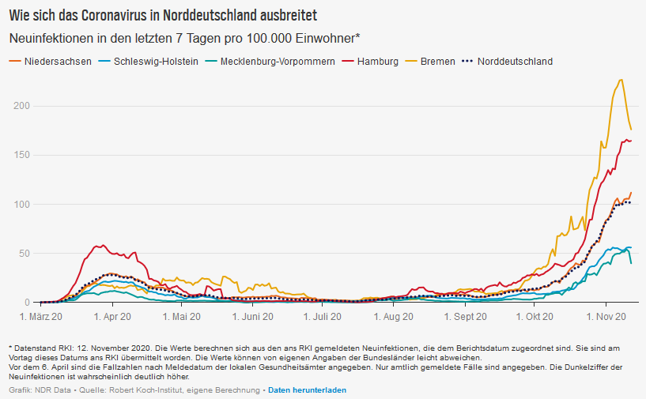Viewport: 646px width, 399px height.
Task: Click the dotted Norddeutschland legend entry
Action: (515, 62)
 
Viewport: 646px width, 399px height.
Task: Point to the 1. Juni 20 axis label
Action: (253, 316)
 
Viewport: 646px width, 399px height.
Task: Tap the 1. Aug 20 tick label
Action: (393, 316)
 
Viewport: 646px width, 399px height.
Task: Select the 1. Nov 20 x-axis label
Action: (606, 316)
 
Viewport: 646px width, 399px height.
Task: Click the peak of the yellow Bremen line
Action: (621, 79)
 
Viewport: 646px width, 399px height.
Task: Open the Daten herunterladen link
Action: (307, 390)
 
